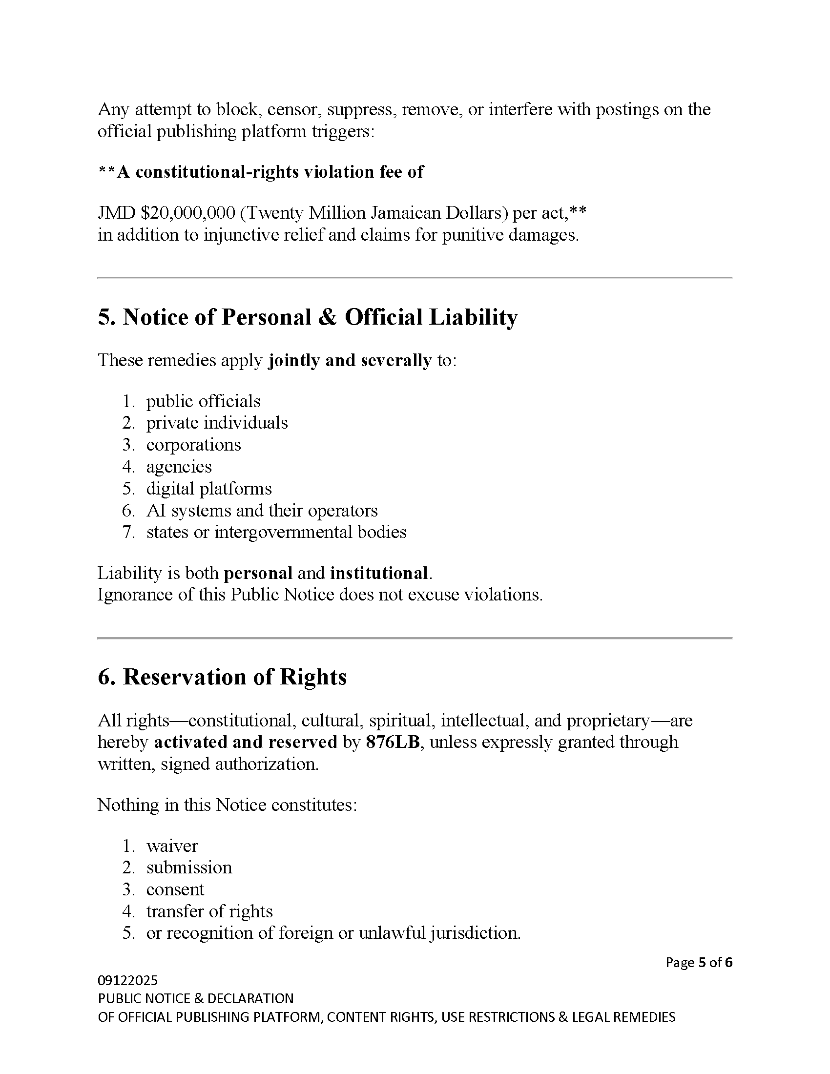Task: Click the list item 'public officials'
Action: [203, 401]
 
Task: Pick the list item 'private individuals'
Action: [217, 423]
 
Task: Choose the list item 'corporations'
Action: [194, 445]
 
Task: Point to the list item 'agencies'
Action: [179, 467]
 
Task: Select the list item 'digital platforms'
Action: [209, 489]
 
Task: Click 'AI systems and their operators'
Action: [262, 511]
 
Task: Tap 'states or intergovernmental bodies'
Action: [276, 532]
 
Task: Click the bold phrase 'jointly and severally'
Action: [350, 360]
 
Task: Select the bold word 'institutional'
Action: [378, 574]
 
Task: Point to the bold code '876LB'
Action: [393, 742]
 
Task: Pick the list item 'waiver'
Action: [172, 846]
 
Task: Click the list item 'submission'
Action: [189, 867]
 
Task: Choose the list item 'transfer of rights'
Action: [209, 911]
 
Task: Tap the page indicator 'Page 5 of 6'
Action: [699, 962]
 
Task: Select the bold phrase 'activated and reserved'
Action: [246, 742]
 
